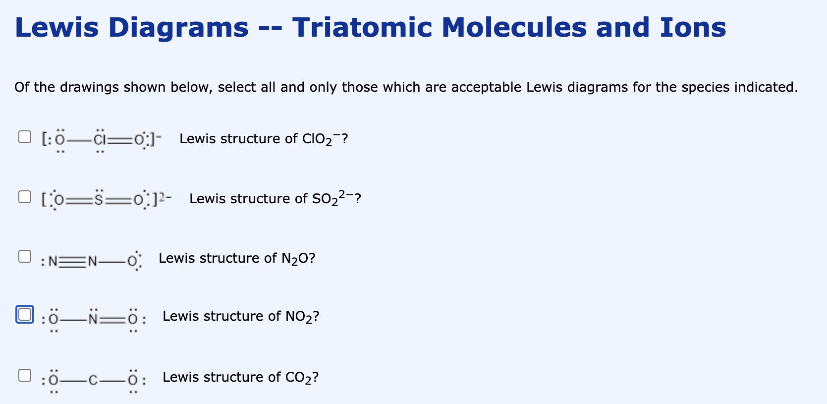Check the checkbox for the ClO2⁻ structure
(x=25, y=137)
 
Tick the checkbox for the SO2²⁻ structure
(x=25, y=197)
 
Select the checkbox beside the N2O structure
(x=25, y=256)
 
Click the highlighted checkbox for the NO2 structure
(x=25, y=314)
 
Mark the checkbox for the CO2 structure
(x=25, y=375)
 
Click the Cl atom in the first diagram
(x=100, y=139)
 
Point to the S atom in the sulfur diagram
(x=99, y=199)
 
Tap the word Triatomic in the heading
(x=362, y=27)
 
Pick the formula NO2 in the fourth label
(x=299, y=316)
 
